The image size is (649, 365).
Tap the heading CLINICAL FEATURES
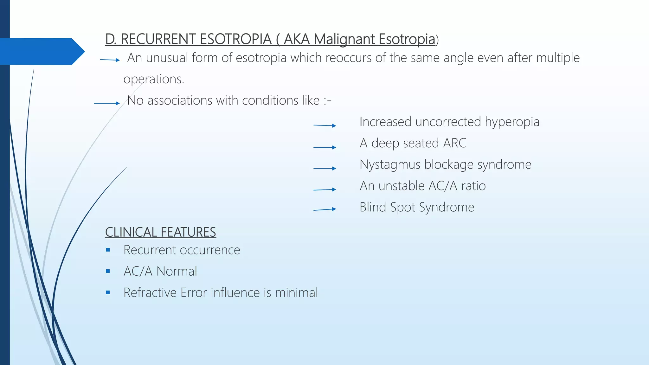coord(160,232)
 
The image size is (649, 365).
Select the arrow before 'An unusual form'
coord(110,60)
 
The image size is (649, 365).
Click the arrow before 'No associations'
coord(107,103)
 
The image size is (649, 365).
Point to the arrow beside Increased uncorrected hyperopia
coord(324,125)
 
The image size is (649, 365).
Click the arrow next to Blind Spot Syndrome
coord(324,209)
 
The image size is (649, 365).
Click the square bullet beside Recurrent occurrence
coord(108,250)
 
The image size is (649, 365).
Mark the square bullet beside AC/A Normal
coord(108,271)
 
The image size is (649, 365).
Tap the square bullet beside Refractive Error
coord(108,292)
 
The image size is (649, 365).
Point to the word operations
coord(153,79)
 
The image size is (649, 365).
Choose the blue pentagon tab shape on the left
coord(41,51)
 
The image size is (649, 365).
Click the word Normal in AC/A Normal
coord(177,272)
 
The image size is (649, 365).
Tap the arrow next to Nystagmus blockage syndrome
coord(324,168)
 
